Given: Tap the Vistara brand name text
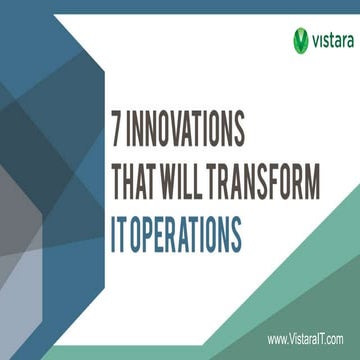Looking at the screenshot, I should click(x=331, y=40).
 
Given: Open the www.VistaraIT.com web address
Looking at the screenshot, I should click(x=306, y=339).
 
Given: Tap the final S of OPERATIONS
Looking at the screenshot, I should click(x=235, y=237).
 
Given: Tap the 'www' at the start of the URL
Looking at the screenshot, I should click(x=277, y=340).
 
